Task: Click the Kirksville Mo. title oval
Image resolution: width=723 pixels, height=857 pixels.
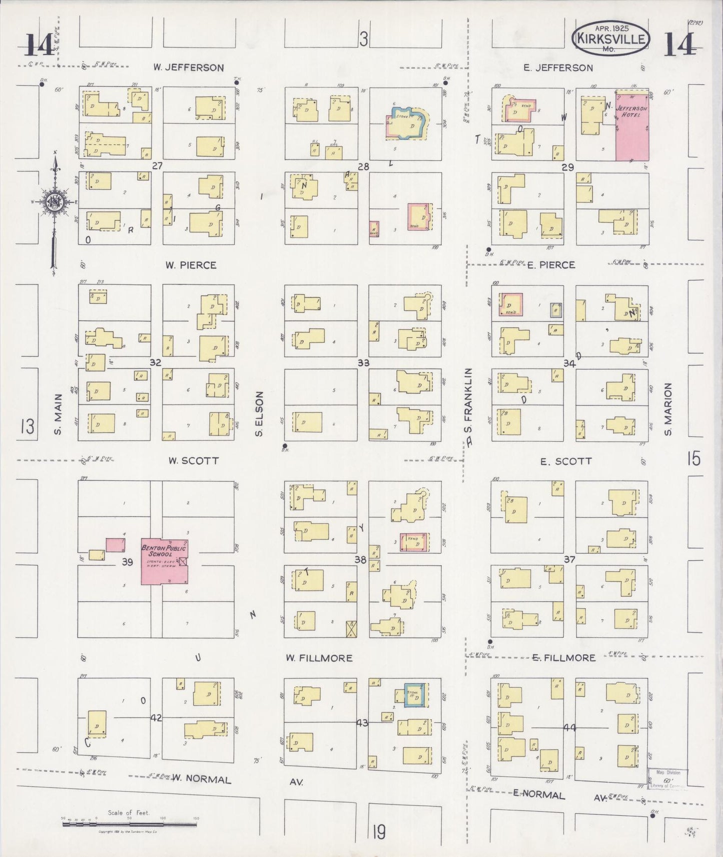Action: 611,38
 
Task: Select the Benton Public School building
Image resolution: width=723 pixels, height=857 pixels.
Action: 165,561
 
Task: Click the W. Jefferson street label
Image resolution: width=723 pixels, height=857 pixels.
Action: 188,67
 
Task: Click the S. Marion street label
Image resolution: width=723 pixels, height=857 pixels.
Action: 667,409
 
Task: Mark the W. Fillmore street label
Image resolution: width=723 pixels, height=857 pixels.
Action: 319,658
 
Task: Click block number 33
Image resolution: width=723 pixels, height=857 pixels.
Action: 363,362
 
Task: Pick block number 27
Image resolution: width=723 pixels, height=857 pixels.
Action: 157,165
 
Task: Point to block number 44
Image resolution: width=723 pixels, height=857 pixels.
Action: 569,728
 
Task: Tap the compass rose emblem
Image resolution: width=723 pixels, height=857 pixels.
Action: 54,202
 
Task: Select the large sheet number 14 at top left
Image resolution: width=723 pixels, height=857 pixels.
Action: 40,45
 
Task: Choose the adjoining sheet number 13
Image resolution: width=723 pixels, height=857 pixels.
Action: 27,426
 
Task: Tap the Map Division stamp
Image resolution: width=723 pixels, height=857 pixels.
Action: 668,779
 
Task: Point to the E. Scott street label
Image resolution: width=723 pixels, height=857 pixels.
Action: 566,461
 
